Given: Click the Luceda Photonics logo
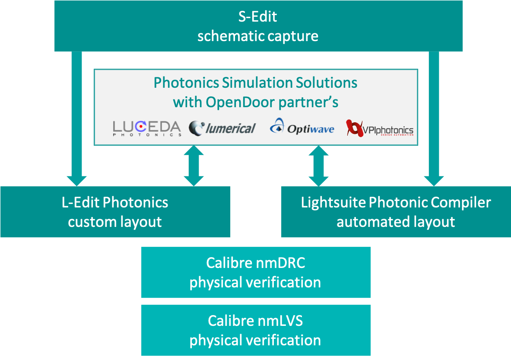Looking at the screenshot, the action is [x=147, y=128].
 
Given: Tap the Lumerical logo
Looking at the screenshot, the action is [x=222, y=128].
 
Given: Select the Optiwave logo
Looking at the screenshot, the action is [x=302, y=127].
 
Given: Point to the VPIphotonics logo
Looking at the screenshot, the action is [x=380, y=128].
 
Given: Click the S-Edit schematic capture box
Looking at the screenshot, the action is [x=258, y=26].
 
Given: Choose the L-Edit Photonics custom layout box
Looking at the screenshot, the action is [x=115, y=212].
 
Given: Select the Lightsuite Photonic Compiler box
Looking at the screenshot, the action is [x=396, y=212].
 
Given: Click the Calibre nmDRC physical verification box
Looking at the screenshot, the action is [x=256, y=272].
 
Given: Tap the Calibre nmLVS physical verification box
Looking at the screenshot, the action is [x=256, y=330].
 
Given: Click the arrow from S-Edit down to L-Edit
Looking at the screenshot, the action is [x=76, y=119].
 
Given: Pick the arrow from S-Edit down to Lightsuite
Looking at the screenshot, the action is [x=434, y=119].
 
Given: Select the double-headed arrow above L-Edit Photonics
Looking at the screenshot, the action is [x=194, y=166].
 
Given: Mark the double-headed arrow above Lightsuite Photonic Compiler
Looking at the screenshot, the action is [x=318, y=166].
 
